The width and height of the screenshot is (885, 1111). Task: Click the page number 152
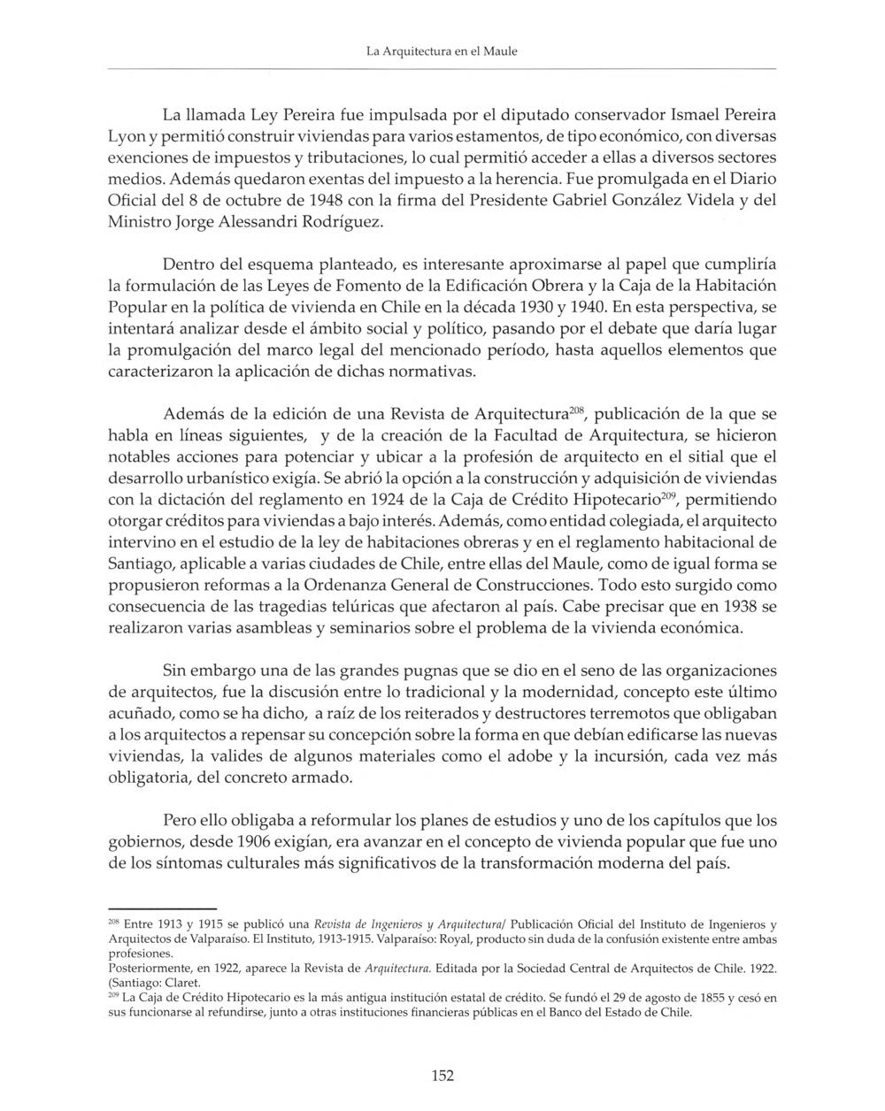coord(442,1076)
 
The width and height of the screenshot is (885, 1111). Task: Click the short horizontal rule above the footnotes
coord(162,908)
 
